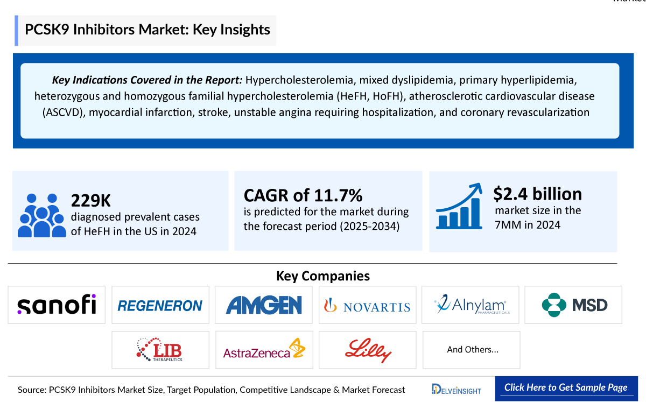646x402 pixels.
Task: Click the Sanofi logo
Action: (57, 305)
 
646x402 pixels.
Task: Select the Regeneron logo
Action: (160, 306)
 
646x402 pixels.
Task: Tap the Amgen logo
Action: (264, 305)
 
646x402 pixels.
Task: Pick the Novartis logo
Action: (367, 306)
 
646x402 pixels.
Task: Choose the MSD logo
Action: (574, 305)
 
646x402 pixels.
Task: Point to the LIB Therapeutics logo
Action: (160, 350)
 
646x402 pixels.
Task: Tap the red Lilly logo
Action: (367, 350)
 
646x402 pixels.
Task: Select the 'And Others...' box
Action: (472, 350)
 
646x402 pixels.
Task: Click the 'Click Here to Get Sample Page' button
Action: (565, 388)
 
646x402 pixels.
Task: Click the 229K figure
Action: (90, 201)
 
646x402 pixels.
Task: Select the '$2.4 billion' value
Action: (537, 194)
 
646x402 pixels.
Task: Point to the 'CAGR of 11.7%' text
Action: (303, 194)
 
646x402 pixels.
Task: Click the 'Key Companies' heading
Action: (323, 276)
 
